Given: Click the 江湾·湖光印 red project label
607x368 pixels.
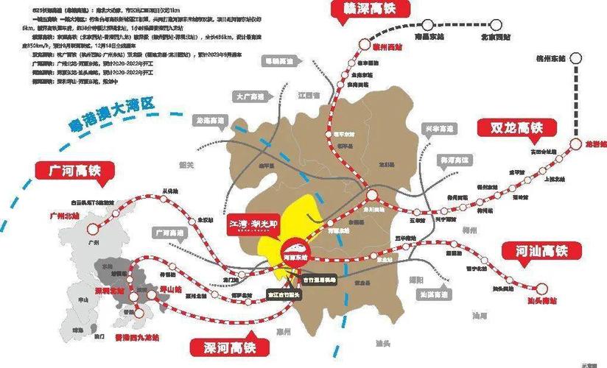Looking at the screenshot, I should pyautogui.click(x=254, y=223).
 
